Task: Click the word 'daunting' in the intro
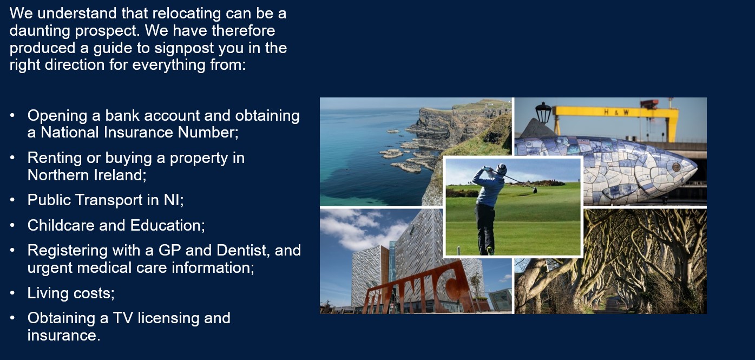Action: pyautogui.click(x=40, y=31)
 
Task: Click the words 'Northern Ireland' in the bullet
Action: pyautogui.click(x=86, y=175)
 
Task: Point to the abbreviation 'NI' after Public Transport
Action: pyautogui.click(x=172, y=200)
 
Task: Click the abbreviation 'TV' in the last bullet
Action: pyautogui.click(x=123, y=318)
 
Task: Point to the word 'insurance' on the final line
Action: pyautogui.click(x=63, y=336)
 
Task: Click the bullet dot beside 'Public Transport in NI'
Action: pyautogui.click(x=12, y=200)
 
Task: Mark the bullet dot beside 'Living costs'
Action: pyautogui.click(x=12, y=293)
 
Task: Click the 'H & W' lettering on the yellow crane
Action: pyautogui.click(x=616, y=112)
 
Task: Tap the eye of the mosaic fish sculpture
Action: pyautogui.click(x=676, y=167)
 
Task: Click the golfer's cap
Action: pyautogui.click(x=502, y=168)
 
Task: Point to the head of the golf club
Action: pyautogui.click(x=535, y=191)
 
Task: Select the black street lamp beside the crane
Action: pyautogui.click(x=543, y=113)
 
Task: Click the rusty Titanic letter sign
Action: pyautogui.click(x=417, y=290)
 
